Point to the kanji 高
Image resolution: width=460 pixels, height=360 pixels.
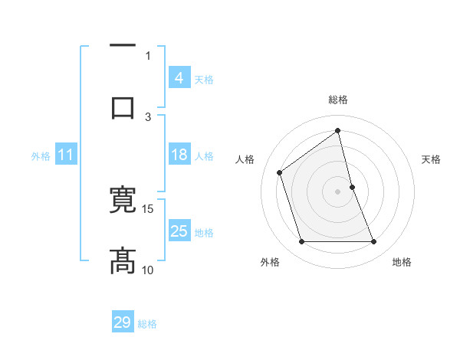(123, 260)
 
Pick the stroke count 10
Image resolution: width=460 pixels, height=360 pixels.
(148, 270)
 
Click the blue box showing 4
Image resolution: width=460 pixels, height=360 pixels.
(179, 78)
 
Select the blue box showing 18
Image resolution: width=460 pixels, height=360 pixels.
(179, 155)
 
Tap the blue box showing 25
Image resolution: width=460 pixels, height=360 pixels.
(179, 231)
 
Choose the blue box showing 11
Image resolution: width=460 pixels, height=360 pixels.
(66, 155)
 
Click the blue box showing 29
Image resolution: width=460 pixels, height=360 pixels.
(123, 322)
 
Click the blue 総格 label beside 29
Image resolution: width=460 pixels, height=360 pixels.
(147, 324)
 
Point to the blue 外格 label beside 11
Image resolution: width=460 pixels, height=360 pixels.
(41, 156)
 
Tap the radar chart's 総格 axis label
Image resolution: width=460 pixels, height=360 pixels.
(337, 100)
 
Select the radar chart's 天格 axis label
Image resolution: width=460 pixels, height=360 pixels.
(432, 159)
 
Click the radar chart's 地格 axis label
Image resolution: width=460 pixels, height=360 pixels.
(402, 263)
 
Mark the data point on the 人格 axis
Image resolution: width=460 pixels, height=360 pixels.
(280, 172)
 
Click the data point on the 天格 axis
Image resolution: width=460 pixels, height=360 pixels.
(352, 187)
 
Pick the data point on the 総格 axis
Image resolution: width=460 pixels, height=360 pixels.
(337, 131)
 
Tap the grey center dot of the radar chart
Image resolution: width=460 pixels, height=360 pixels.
(337, 191)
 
